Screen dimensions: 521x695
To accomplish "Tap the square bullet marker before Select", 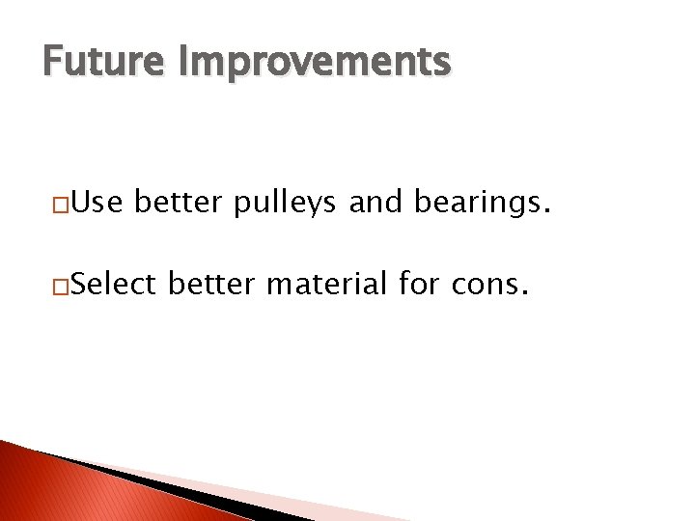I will pyautogui.click(x=61, y=288).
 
